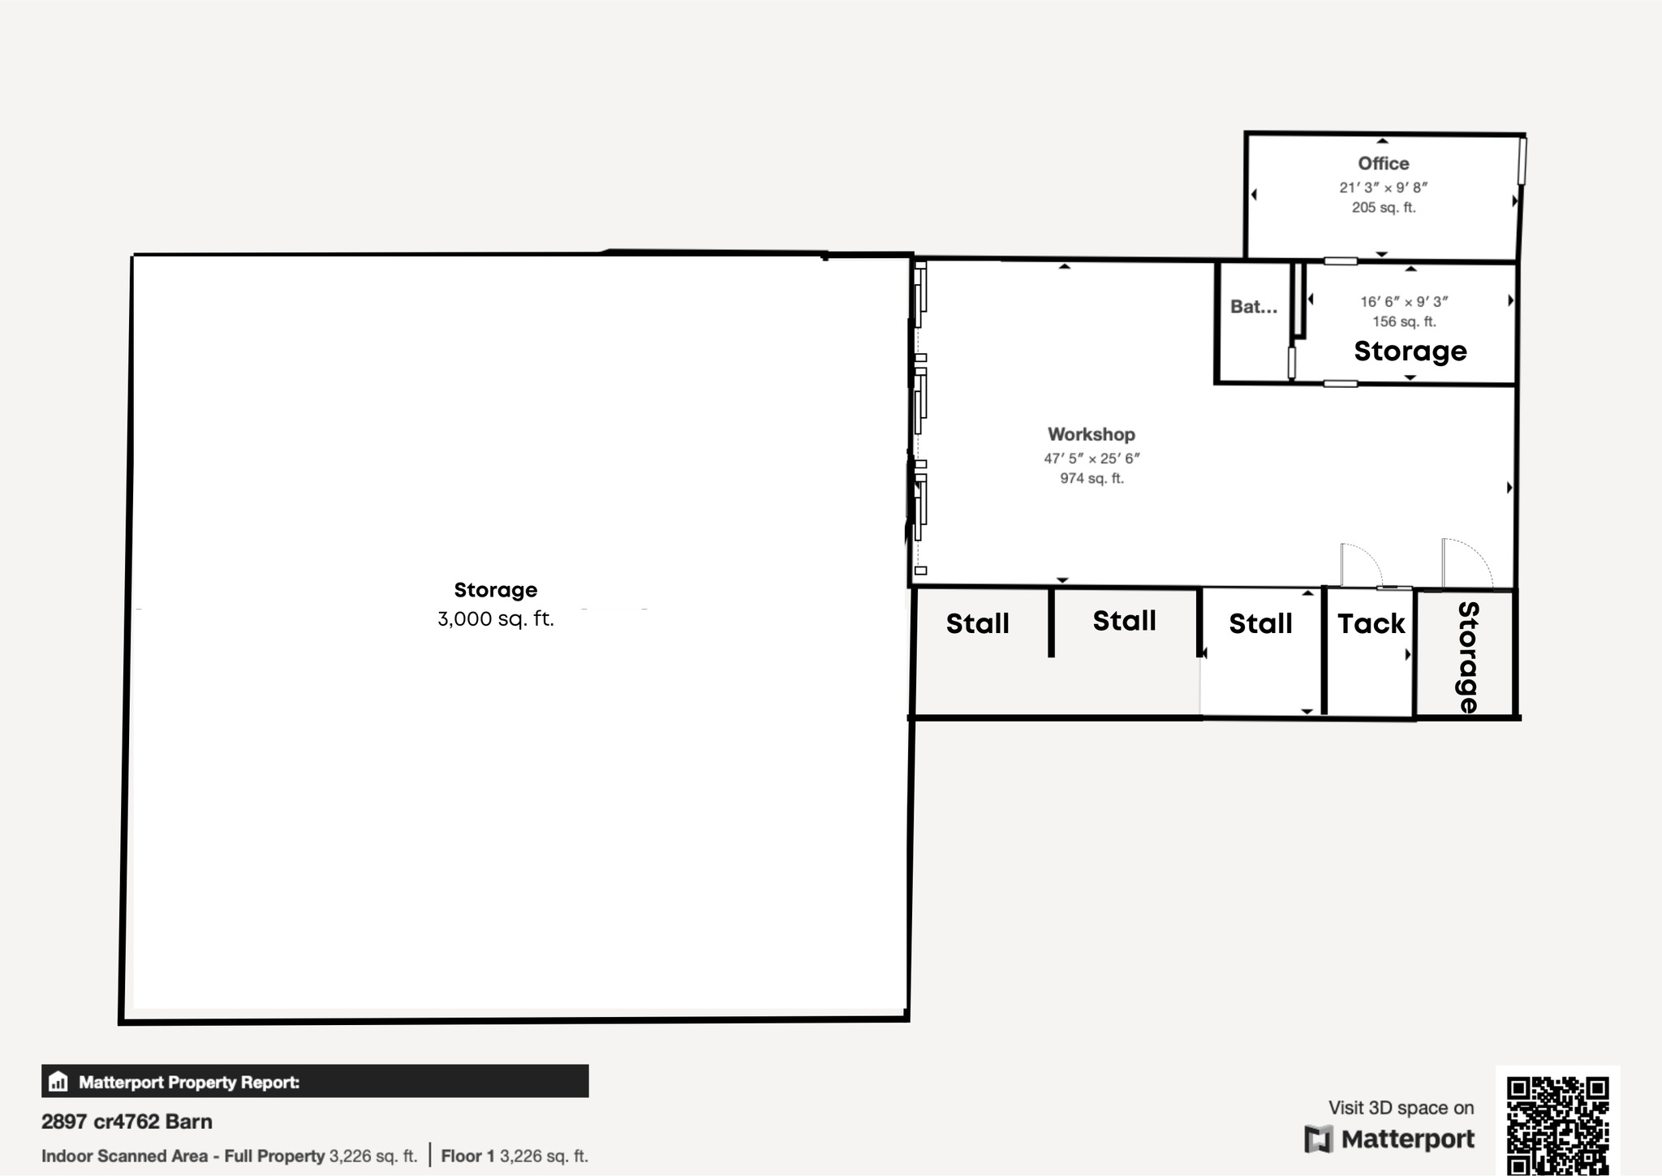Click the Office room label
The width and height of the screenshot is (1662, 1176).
click(1384, 163)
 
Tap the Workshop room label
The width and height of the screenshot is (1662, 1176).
click(1091, 434)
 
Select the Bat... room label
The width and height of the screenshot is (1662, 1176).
click(1254, 307)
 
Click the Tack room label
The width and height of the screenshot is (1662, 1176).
click(1371, 623)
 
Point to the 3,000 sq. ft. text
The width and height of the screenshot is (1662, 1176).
click(496, 619)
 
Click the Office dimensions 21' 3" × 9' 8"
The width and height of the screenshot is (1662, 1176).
click(1384, 187)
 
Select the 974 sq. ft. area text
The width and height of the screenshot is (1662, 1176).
click(1092, 479)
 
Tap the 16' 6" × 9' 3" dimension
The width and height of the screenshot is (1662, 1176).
click(1405, 302)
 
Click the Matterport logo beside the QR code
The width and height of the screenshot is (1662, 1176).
click(1389, 1139)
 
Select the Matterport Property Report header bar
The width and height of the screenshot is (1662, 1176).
click(315, 1081)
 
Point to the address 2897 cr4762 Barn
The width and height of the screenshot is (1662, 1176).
click(127, 1122)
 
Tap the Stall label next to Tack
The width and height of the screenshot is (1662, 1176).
click(1260, 623)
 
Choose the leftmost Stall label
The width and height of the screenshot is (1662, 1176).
click(978, 623)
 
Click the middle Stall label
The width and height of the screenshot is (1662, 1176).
click(1125, 621)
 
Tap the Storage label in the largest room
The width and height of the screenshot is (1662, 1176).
click(496, 590)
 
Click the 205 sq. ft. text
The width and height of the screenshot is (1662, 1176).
click(1384, 208)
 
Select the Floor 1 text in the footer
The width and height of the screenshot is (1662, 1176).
click(467, 1156)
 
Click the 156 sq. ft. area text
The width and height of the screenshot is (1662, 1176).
click(1405, 322)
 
